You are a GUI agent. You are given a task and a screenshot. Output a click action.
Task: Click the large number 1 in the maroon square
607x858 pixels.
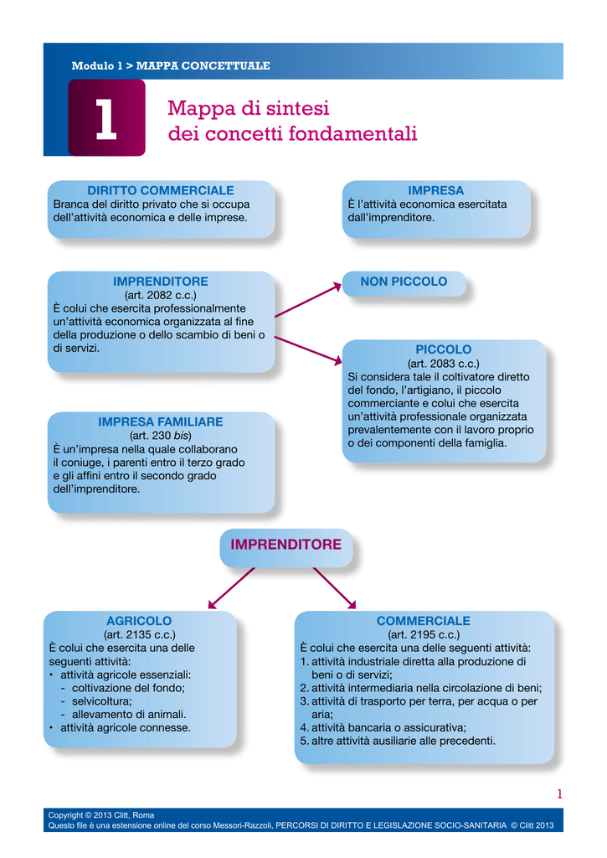106,119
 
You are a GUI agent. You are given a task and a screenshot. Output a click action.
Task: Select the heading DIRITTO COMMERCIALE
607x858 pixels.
161,190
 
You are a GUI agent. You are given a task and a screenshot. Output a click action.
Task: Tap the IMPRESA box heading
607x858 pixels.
436,190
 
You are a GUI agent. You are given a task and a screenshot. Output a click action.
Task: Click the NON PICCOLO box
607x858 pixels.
404,283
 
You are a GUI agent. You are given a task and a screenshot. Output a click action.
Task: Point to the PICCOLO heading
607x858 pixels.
444,349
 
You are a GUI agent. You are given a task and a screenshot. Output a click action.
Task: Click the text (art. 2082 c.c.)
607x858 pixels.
161,295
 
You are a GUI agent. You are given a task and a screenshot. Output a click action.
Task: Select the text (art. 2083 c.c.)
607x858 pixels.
444,364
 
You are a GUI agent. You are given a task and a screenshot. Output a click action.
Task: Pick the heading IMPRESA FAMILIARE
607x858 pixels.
161,422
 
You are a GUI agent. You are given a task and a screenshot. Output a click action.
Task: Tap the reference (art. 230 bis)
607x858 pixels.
161,436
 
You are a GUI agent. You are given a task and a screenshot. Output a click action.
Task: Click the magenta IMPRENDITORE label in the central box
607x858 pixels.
286,545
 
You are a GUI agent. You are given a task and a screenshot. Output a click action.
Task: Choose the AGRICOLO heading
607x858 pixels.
139,621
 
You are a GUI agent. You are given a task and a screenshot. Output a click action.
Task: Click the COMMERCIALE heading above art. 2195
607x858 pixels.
424,621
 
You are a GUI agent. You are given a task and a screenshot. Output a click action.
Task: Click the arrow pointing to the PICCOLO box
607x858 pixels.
308,350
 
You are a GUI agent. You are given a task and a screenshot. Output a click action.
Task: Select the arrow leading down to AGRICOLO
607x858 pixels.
231,588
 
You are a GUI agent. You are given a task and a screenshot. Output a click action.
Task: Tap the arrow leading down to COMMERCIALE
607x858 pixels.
335,588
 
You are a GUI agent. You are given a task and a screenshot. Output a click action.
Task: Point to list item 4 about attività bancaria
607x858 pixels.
383,728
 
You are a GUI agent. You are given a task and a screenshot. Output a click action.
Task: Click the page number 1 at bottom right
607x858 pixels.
559,794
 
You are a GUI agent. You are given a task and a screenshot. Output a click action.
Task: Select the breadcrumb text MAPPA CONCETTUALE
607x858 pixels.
203,65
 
